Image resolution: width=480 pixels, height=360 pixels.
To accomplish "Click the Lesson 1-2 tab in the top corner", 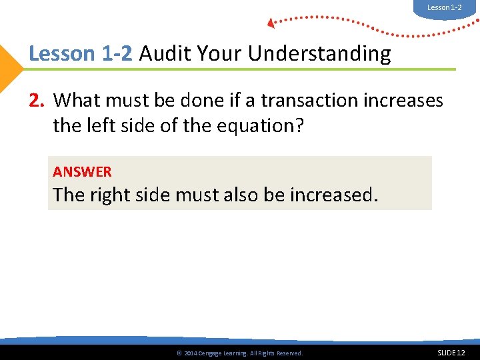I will pyautogui.click(x=444, y=7).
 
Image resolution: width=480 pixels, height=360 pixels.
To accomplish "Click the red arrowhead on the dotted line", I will pyautogui.click(x=271, y=23).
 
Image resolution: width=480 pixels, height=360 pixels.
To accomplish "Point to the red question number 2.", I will pyautogui.click(x=36, y=101).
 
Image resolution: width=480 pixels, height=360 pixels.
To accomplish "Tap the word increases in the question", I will pyautogui.click(x=405, y=101).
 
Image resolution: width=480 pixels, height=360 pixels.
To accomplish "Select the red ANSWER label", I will pyautogui.click(x=82, y=172).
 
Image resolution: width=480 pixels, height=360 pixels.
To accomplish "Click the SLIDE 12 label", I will pyautogui.click(x=451, y=352).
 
